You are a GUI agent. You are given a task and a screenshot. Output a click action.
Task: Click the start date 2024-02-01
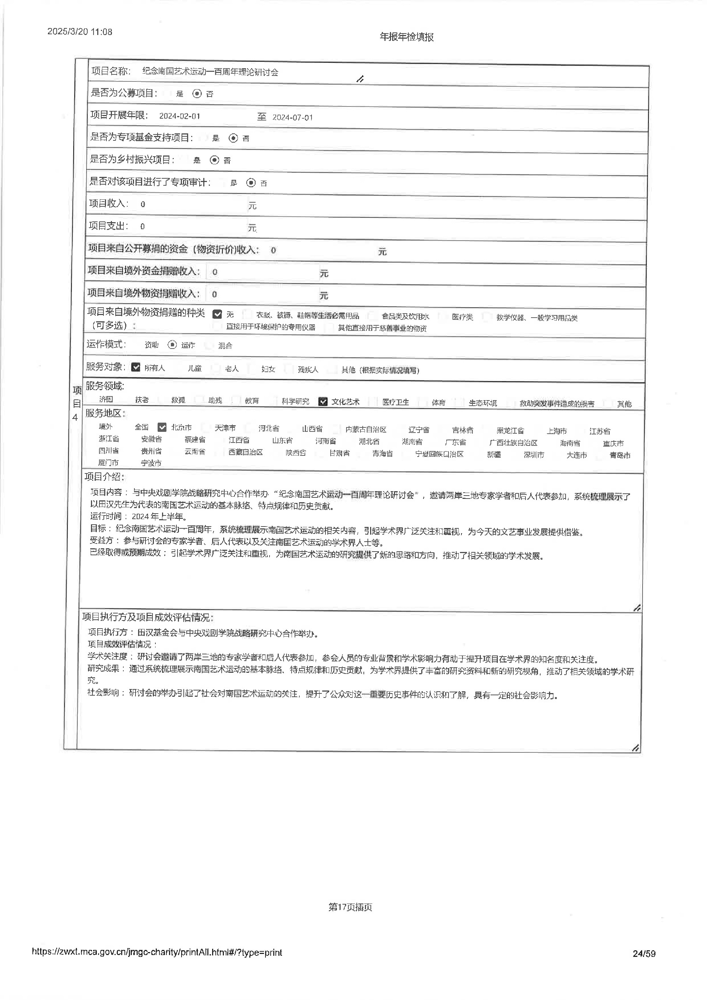click(179, 116)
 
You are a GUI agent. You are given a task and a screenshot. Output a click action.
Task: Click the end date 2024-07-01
click(292, 118)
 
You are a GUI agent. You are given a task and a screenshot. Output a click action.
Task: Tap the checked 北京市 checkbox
click(162, 427)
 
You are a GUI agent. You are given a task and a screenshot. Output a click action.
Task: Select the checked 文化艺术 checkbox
click(323, 402)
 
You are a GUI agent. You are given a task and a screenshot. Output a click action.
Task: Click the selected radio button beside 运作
click(172, 345)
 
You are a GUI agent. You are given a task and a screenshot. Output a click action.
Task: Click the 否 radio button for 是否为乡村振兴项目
click(214, 160)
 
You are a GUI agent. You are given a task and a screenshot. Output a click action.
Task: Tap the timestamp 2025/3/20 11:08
click(80, 32)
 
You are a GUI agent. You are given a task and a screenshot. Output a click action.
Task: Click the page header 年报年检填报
click(407, 37)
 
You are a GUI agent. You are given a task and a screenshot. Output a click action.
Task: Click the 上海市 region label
click(557, 431)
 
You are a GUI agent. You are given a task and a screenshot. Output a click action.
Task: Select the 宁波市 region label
click(151, 463)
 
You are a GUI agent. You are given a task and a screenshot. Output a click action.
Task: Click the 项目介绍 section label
click(104, 476)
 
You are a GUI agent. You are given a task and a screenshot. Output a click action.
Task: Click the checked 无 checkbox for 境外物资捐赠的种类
click(217, 314)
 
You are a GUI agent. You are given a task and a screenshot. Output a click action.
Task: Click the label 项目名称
click(110, 71)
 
